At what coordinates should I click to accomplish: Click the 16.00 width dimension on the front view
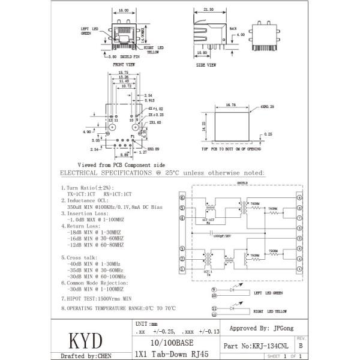[x=123, y=10]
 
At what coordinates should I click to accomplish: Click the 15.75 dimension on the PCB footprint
[x=123, y=73]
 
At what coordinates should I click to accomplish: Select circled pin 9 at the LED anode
[x=213, y=290]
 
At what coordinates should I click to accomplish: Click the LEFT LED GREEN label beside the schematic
[x=269, y=293]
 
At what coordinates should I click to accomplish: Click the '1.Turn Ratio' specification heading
[x=85, y=188]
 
